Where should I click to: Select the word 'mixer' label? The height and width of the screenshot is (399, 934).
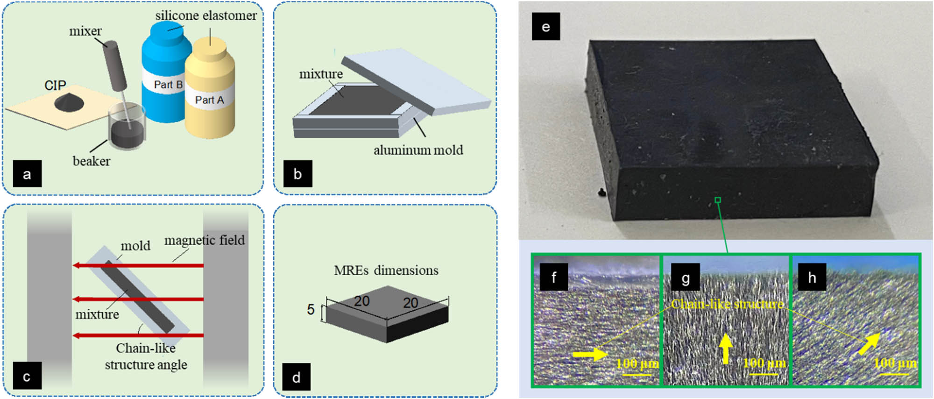[85, 31]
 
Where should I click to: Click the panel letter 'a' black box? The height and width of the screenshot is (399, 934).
[27, 174]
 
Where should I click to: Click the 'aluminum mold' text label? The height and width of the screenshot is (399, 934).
[418, 150]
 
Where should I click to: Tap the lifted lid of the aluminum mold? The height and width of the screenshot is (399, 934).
[416, 82]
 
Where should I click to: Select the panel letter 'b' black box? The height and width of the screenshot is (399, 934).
[297, 174]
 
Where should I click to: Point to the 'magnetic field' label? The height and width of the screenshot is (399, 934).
[204, 240]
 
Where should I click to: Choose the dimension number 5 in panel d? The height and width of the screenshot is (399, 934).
[311, 309]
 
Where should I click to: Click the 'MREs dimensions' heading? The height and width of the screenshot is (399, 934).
[386, 271]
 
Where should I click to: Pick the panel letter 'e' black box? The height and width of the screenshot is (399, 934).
[545, 27]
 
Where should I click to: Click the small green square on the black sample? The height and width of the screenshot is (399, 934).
[718, 200]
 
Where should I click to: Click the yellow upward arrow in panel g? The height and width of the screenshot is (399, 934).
[725, 349]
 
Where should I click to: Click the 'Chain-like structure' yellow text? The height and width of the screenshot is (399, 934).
[727, 304]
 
